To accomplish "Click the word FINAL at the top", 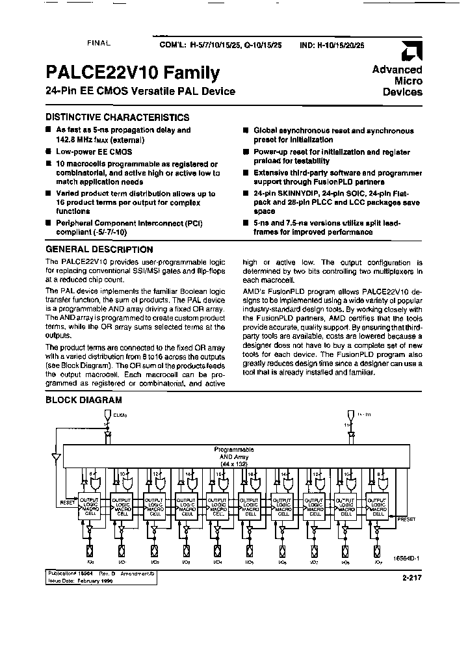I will [x=99, y=42].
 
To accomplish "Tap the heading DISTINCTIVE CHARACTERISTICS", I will [x=117, y=118].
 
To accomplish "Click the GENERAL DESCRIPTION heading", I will [x=99, y=249].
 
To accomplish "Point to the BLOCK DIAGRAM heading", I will [x=83, y=400].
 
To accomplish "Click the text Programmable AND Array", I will [x=234, y=453].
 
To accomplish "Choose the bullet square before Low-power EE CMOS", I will [x=48, y=151].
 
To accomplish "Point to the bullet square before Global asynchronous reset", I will [x=246, y=131].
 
